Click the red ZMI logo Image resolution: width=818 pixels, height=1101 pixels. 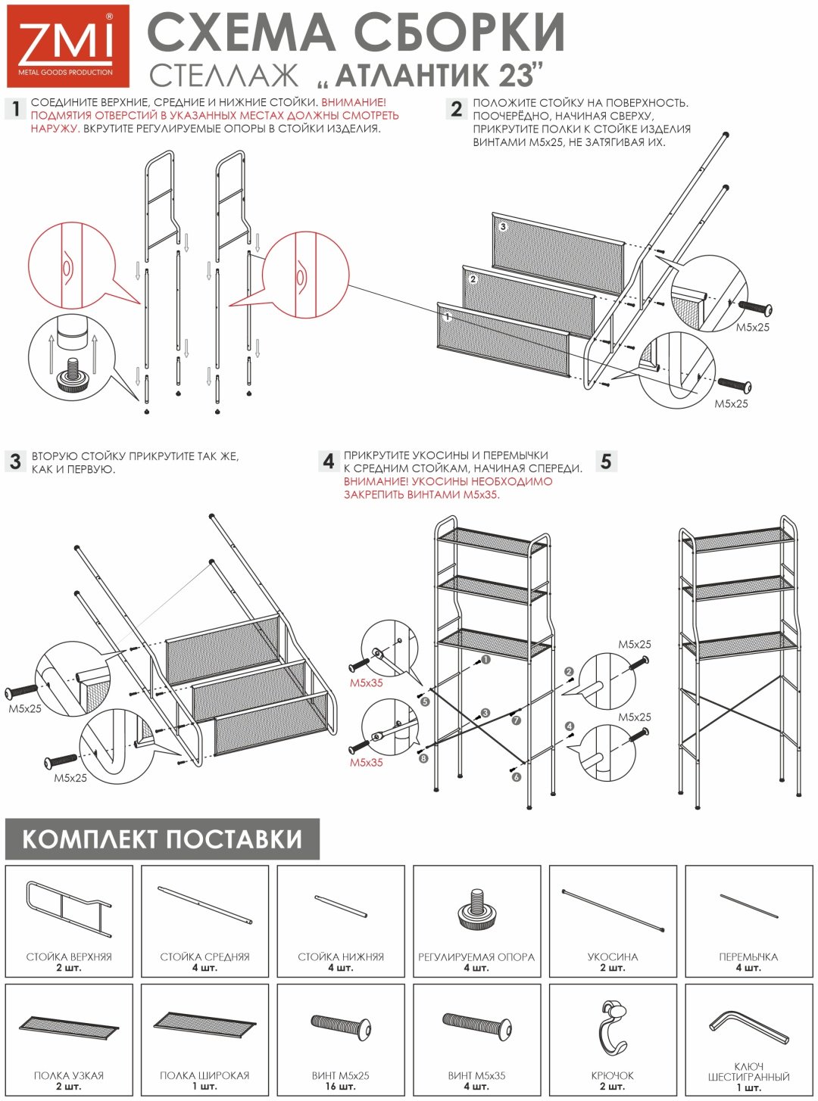[x=67, y=45]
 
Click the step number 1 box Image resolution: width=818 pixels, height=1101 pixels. [x=15, y=109]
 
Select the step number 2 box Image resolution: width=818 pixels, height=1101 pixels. [x=456, y=109]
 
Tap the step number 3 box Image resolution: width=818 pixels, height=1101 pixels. [x=15, y=461]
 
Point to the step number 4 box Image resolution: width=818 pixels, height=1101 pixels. [x=329, y=461]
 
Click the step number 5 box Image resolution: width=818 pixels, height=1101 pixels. [x=606, y=461]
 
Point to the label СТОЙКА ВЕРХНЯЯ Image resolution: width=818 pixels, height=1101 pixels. [x=69, y=956]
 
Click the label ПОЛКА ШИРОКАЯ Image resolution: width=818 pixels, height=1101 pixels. [x=204, y=1075]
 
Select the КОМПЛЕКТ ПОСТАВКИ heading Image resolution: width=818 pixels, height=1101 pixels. [x=162, y=838]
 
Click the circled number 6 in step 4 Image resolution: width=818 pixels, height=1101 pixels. [x=517, y=776]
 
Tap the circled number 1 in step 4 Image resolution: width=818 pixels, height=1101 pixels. [x=485, y=660]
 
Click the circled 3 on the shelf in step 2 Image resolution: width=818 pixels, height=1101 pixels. [x=503, y=227]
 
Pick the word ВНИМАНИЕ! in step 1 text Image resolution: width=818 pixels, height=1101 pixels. [x=354, y=103]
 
